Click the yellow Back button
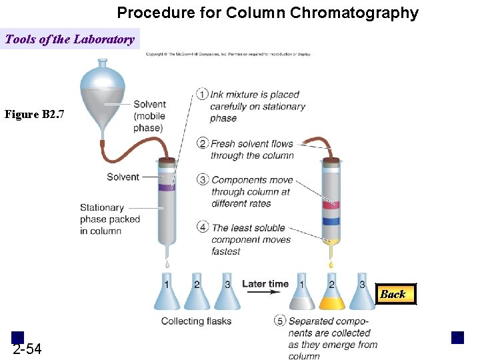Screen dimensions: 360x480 (x=393, y=294)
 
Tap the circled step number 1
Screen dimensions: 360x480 (x=203, y=94)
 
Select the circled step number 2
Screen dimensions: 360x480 (x=203, y=143)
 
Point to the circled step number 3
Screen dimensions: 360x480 (x=203, y=179)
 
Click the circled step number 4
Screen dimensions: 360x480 (x=203, y=227)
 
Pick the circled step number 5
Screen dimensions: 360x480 (x=280, y=321)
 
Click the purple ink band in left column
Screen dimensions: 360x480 (x=166, y=187)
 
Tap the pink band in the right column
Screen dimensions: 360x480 (x=331, y=205)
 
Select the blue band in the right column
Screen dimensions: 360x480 (x=331, y=221)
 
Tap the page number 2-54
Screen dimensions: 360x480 (x=27, y=349)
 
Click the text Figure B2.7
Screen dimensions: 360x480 (x=35, y=115)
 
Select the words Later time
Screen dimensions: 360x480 (x=265, y=284)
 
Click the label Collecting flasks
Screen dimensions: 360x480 (x=196, y=321)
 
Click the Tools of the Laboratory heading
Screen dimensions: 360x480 (x=69, y=39)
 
